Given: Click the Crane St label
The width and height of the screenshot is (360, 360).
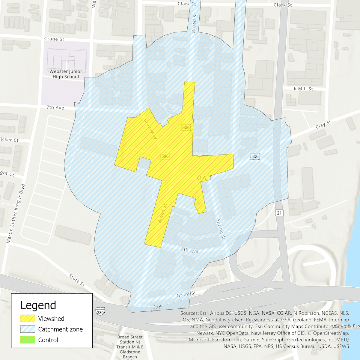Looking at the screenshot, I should (54, 39).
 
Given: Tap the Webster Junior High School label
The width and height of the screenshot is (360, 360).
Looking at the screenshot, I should (66, 74).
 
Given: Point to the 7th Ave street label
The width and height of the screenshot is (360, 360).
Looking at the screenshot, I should (55, 107).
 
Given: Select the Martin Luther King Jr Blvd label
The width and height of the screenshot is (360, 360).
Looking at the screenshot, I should (16, 214).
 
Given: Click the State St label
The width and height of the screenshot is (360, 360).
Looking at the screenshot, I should (77, 280).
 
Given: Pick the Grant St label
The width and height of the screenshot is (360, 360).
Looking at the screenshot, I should (186, 294).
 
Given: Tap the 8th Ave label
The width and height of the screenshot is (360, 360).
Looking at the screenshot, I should (190, 250).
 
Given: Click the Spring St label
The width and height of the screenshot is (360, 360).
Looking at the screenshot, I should (220, 229).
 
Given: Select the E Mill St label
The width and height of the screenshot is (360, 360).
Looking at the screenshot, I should (303, 89).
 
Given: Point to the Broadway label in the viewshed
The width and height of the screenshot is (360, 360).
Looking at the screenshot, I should (150, 129).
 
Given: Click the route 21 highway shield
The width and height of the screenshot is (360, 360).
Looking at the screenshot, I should (279, 213).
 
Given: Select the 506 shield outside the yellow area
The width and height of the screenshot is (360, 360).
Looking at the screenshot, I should (255, 156).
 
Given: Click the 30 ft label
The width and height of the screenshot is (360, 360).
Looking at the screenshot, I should (157, 307).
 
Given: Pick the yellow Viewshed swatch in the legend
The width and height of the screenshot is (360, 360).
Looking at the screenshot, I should (28, 319).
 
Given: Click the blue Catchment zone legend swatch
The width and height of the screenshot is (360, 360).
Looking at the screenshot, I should (28, 329).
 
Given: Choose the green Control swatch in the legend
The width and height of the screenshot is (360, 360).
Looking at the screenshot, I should (28, 340).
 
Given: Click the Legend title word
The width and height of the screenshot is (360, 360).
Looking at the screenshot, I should (38, 305).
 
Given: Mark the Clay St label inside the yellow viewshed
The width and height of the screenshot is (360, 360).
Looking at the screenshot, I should (205, 178).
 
